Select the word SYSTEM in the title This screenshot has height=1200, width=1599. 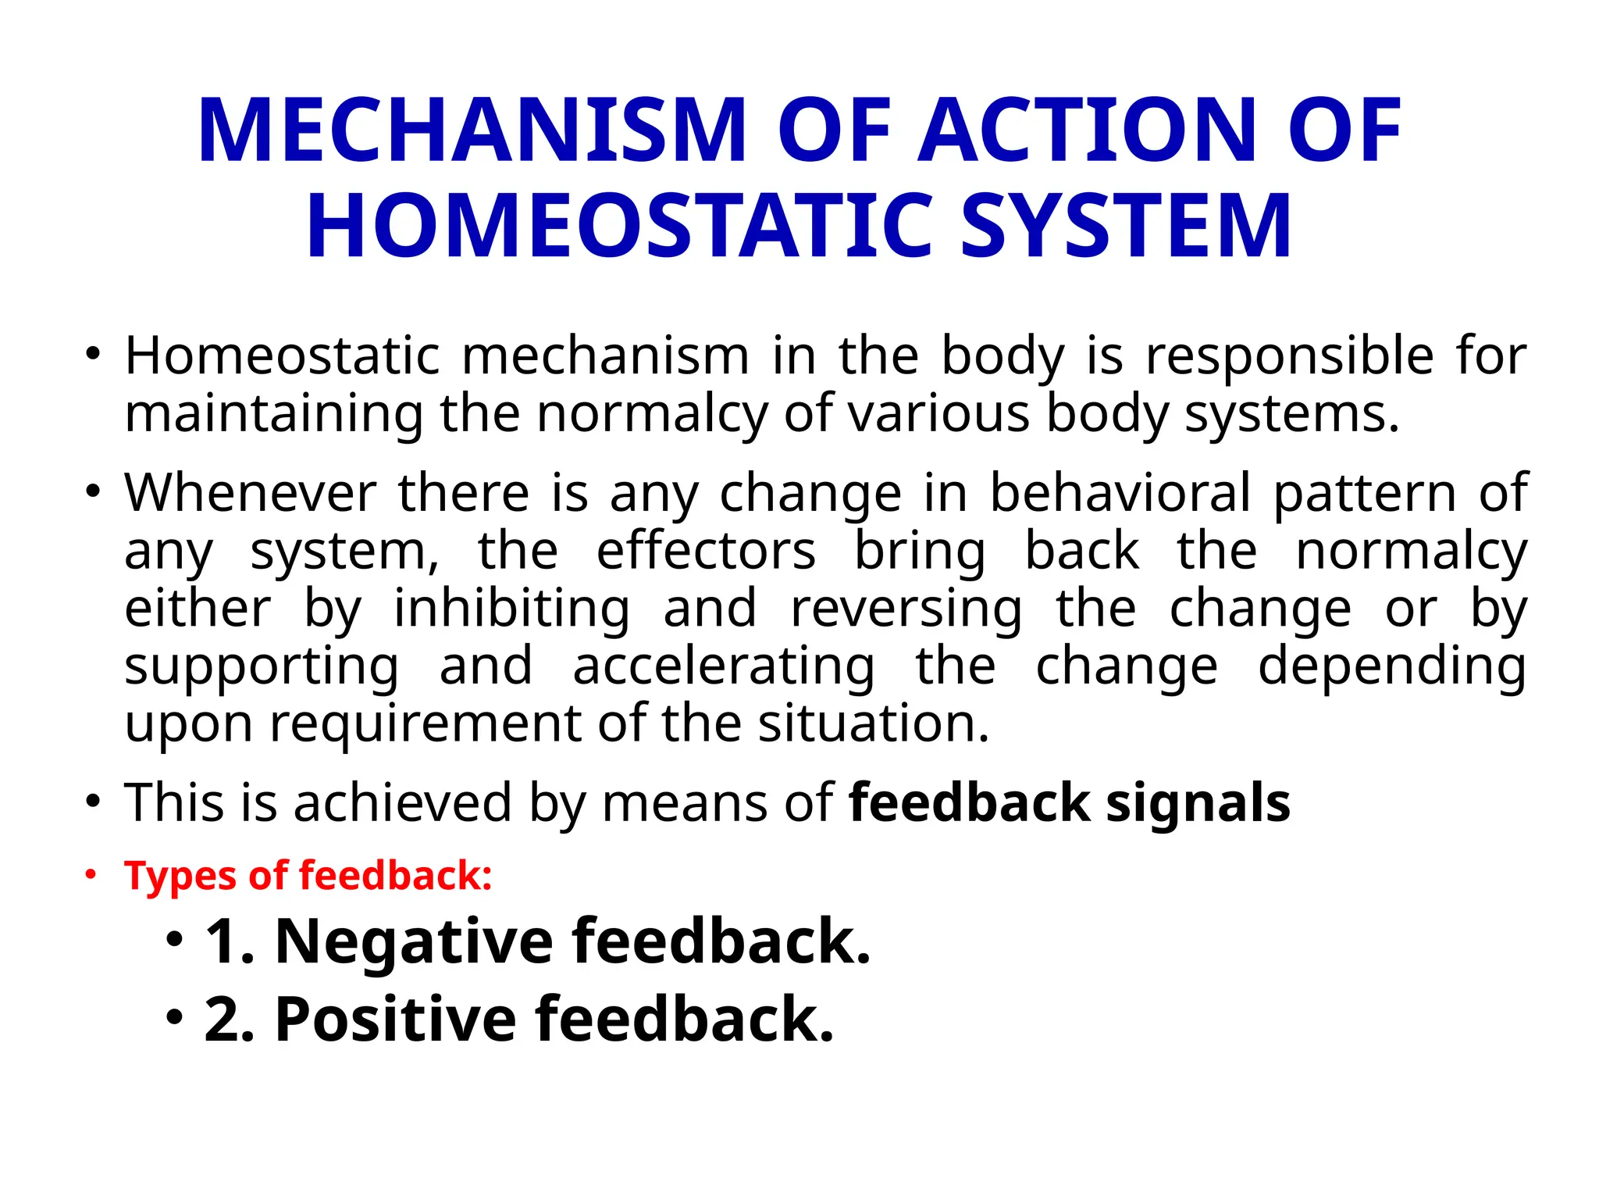[x=1126, y=227]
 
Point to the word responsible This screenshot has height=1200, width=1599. [x=1289, y=357]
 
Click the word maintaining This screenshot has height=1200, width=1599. [x=274, y=413]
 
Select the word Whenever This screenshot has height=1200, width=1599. [x=251, y=493]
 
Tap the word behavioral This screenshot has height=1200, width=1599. [x=1120, y=493]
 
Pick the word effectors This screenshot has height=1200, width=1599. [x=706, y=551]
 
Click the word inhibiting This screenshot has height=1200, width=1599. [x=511, y=609]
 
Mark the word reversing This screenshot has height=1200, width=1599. [x=906, y=609]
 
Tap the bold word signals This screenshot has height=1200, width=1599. [x=1198, y=803]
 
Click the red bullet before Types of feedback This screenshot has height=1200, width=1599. [x=92, y=875]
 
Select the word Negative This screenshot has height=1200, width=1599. [x=414, y=941]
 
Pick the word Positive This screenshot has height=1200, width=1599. [x=395, y=1020]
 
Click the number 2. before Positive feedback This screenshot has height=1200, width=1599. [x=230, y=1020]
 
